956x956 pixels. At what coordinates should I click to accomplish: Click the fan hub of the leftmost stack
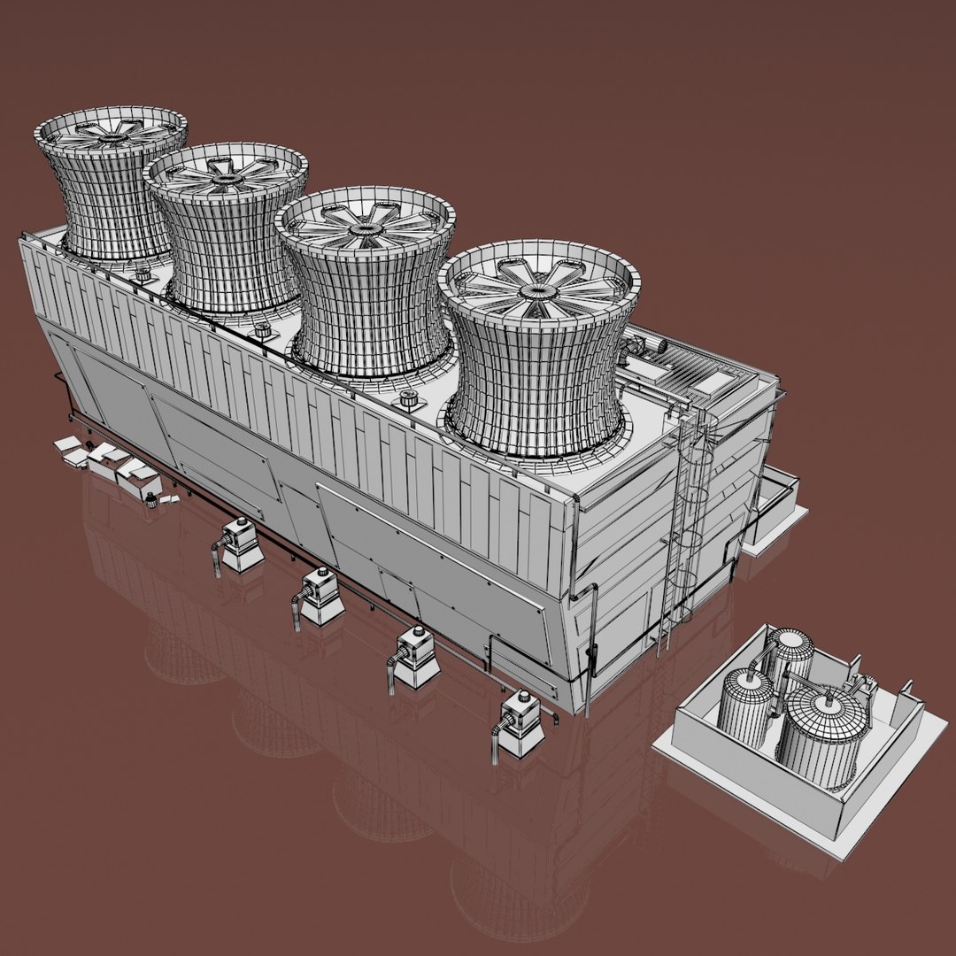tap(112, 137)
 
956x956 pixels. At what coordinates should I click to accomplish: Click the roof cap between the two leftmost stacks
tap(142, 274)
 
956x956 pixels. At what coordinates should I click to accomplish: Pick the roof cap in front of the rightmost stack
tap(409, 399)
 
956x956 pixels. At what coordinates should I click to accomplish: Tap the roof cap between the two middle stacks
tap(262, 329)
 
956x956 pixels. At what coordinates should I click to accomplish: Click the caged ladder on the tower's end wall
tap(686, 522)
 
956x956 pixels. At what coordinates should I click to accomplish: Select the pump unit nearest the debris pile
tap(240, 544)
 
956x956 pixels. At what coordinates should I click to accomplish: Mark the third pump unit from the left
tap(414, 657)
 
